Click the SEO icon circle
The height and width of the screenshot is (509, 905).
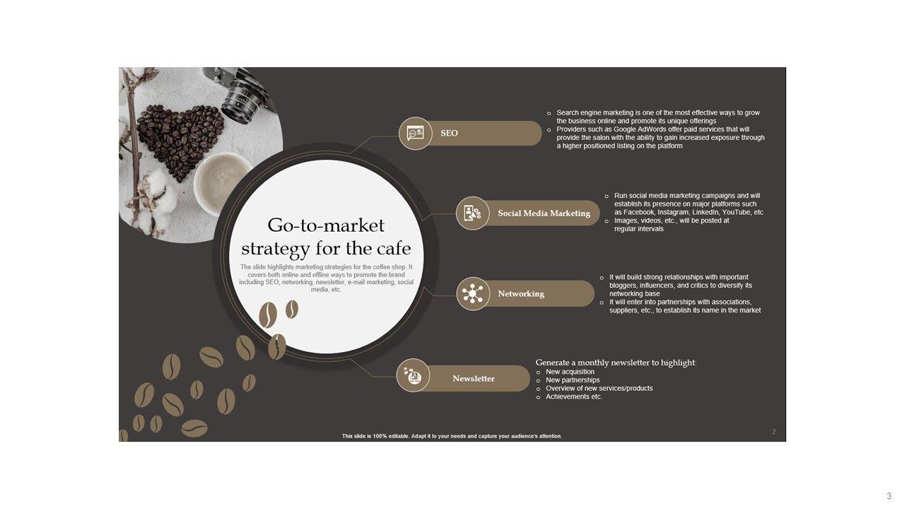click(415, 134)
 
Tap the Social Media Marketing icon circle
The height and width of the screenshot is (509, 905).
click(473, 213)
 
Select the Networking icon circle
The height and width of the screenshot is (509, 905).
click(473, 293)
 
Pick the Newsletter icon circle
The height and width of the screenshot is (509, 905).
click(413, 375)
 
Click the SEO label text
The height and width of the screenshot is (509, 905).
click(449, 134)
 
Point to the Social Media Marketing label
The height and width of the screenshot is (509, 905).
click(544, 213)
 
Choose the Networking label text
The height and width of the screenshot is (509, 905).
click(521, 293)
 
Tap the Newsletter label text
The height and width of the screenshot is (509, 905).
click(474, 378)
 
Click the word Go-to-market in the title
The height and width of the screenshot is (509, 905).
click(326, 226)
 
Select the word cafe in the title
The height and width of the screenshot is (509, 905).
click(394, 248)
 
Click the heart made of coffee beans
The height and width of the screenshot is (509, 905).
click(180, 141)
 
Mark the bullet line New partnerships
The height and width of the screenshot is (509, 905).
click(573, 380)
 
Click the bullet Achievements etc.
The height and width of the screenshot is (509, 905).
click(573, 397)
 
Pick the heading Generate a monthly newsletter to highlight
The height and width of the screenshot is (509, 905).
click(616, 363)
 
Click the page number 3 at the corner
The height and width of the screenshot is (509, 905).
click(889, 496)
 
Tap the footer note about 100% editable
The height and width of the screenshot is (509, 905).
click(452, 436)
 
